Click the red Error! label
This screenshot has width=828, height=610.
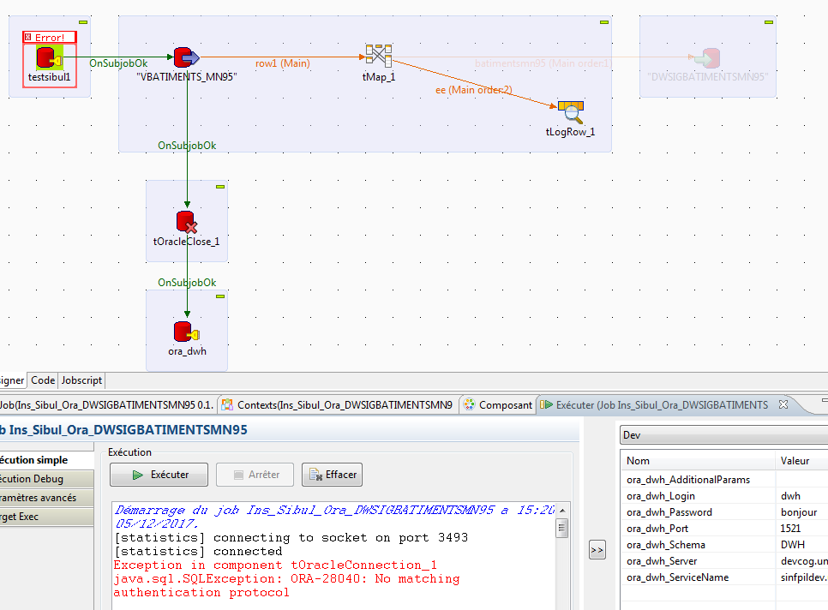50,38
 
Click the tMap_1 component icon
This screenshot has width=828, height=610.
378,56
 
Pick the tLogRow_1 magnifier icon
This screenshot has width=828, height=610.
570,112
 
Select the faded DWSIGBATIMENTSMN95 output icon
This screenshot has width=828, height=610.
707,58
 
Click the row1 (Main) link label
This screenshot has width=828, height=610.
283,63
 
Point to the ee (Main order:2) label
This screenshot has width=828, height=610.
473,89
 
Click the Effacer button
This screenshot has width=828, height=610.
332,474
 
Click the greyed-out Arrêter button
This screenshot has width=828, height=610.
255,474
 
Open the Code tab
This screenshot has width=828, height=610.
43,380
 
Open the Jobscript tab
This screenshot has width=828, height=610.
82,380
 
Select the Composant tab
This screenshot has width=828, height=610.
498,404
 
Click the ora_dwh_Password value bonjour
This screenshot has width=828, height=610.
799,512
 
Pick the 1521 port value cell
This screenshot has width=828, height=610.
792,529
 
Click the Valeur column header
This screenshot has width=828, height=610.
795,461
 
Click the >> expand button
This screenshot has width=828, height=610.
597,550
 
